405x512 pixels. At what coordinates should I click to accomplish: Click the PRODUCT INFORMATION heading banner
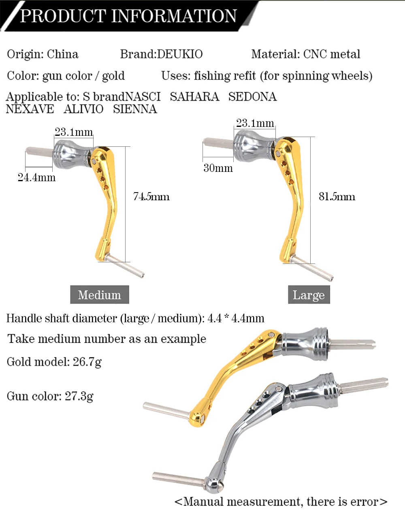point(128,16)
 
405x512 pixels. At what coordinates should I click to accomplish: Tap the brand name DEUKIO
point(180,54)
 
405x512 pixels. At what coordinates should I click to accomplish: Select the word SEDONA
point(252,97)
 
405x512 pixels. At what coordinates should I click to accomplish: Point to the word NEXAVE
point(30,109)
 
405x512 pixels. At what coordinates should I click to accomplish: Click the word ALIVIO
point(83,109)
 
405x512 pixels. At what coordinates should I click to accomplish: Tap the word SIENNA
point(135,109)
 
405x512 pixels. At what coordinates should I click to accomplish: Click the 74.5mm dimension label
point(151,197)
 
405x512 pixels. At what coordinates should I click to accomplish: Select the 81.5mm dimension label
point(337,197)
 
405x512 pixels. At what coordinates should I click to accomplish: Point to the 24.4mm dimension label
point(36,178)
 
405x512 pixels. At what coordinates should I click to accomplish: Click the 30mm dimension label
point(218,168)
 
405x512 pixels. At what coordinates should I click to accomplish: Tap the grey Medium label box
point(100,295)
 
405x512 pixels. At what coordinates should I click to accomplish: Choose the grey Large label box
point(309,295)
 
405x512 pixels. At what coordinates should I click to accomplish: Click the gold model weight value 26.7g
point(87,362)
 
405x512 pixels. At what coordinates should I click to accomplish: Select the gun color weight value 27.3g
point(79,396)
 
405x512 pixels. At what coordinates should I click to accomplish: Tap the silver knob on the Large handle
point(254,145)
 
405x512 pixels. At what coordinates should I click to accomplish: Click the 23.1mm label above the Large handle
point(255,123)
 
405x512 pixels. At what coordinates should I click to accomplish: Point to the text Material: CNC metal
point(306,54)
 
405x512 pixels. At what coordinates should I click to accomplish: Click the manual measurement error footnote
point(281,502)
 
